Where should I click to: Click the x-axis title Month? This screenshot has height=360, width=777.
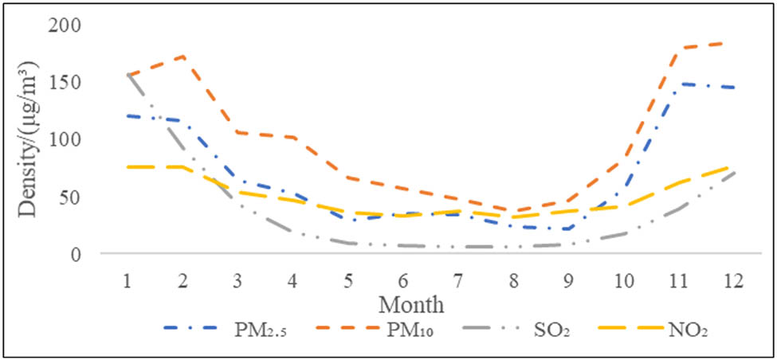click(x=410, y=304)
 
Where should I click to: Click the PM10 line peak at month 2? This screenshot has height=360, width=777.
click(x=182, y=57)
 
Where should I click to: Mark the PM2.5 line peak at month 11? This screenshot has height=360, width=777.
click(x=680, y=84)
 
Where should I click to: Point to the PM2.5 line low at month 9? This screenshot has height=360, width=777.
click(x=569, y=229)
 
